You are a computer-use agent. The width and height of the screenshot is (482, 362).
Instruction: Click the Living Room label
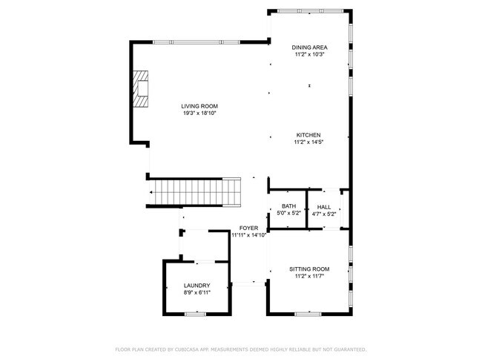(199, 106)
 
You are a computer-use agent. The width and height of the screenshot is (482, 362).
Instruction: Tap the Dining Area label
(309, 47)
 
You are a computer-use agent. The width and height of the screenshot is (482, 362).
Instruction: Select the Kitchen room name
(308, 135)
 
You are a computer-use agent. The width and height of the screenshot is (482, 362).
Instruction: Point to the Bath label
(288, 206)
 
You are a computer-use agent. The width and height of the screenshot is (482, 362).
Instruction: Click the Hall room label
(324, 207)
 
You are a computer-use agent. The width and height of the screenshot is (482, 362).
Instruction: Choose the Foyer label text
(248, 228)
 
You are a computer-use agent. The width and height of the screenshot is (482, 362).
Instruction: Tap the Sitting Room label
(309, 269)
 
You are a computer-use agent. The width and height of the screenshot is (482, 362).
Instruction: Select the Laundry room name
(197, 286)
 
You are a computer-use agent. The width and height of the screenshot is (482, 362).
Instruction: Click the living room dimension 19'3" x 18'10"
(199, 113)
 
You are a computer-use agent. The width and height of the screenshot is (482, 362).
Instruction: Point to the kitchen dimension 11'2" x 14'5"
(308, 142)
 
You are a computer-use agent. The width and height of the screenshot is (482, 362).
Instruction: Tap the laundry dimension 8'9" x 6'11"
(197, 293)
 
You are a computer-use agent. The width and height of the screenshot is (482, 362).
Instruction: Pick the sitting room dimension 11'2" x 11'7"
(309, 276)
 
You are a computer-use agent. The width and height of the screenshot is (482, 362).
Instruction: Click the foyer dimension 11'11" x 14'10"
(248, 235)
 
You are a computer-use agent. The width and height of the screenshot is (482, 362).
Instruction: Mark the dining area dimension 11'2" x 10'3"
(309, 54)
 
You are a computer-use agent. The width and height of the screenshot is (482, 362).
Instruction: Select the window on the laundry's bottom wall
(195, 315)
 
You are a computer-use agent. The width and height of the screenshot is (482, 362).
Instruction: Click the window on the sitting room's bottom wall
(309, 312)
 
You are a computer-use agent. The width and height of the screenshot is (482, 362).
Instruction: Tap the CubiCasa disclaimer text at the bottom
(240, 349)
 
